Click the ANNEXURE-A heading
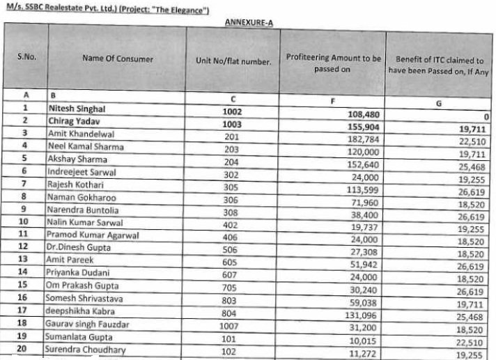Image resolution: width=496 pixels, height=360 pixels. (x=249, y=22)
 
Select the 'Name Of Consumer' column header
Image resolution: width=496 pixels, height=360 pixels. (x=117, y=59)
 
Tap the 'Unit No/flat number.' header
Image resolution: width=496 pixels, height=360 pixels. (x=233, y=61)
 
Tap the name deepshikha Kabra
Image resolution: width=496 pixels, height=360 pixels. (x=82, y=311)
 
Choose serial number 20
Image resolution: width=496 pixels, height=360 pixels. (x=25, y=349)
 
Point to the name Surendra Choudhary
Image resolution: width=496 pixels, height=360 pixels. (x=86, y=349)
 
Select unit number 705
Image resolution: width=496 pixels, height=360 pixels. (x=232, y=286)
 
